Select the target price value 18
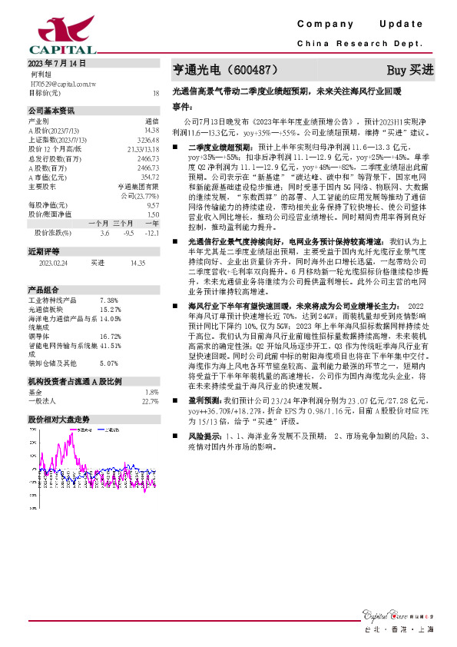click(156, 92)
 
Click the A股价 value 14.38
click(151, 130)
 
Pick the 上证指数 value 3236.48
click(148, 139)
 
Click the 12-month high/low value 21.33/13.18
click(144, 148)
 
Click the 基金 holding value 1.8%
click(152, 391)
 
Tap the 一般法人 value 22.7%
click(150, 400)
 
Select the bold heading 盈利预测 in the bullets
click(203, 401)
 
